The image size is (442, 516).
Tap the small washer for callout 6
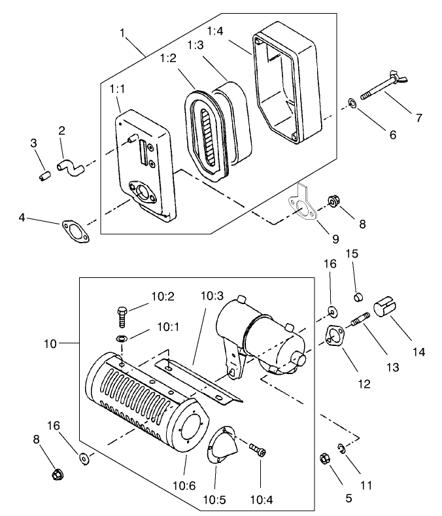point(351,103)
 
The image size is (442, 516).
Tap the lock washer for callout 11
point(341,448)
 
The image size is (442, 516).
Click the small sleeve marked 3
point(44,176)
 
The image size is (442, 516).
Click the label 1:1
point(118,88)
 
